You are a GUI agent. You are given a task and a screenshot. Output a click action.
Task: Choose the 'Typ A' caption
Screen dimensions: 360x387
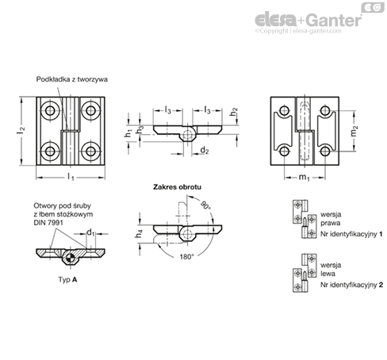(69, 281)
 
